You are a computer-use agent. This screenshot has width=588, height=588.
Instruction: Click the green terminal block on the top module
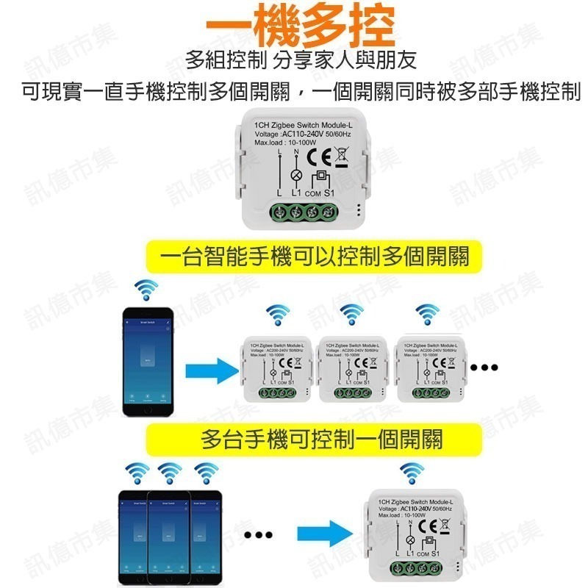[x=299, y=212]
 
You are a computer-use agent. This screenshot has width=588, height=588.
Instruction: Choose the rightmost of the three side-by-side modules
[x=429, y=370]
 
